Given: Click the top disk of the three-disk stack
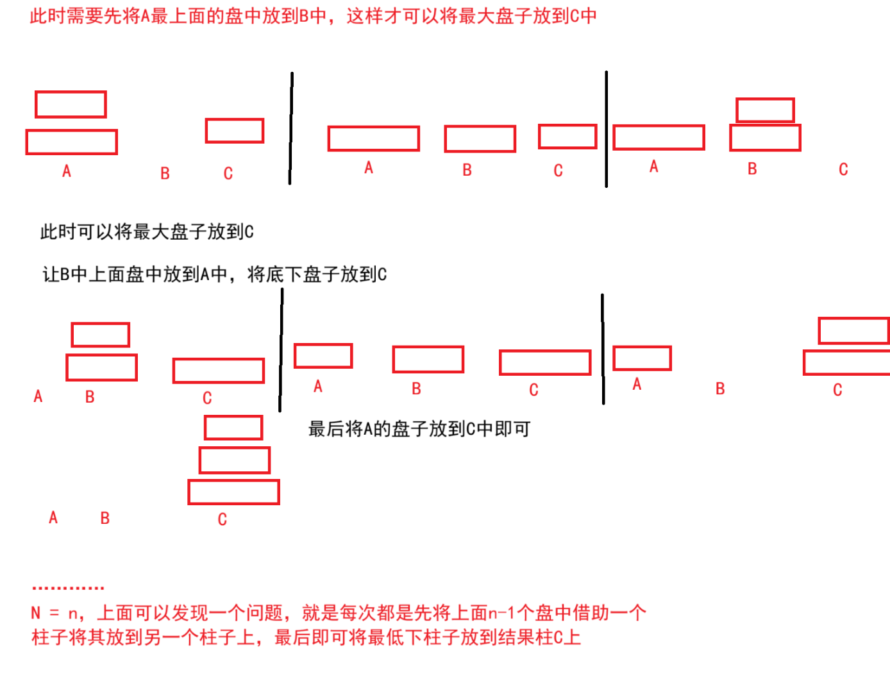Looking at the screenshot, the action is [233, 428].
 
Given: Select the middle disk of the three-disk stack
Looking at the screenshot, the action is [235, 460].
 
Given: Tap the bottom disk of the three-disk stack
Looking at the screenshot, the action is [233, 492].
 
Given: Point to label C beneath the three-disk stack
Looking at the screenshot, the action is [222, 519].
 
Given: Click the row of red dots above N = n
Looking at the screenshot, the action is [67, 587].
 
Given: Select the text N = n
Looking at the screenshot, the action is [56, 614].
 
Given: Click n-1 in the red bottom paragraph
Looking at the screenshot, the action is [502, 613].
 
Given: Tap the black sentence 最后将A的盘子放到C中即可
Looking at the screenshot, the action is [419, 429].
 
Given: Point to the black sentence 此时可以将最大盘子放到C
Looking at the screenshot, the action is [147, 231].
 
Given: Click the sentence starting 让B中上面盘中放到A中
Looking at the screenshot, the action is [214, 274].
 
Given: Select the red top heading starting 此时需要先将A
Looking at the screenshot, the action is [313, 16].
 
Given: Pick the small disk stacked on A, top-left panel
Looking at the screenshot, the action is [71, 105].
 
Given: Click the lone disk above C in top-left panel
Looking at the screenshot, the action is [235, 131].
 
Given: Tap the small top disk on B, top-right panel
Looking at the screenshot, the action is [765, 110].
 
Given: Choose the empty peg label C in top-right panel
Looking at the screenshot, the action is [843, 169].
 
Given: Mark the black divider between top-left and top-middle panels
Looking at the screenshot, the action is [290, 128].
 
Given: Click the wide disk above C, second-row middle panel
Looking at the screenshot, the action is [545, 362].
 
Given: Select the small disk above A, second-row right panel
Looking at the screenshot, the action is [642, 358].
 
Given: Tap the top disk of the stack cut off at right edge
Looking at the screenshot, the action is [853, 331].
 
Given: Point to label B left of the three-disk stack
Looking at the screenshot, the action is [105, 518].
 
